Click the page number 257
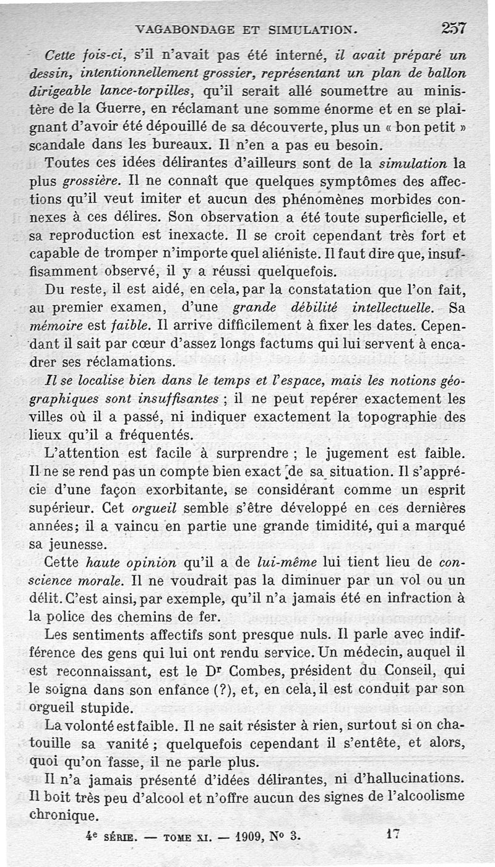click(454, 28)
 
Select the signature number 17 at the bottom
click(390, 834)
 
